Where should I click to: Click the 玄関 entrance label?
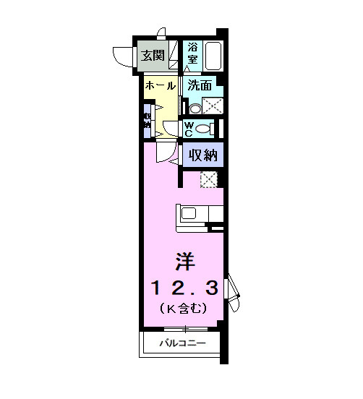click(153, 55)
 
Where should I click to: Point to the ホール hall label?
click(160, 85)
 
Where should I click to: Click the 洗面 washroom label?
click(200, 85)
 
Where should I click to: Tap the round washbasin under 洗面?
click(195, 108)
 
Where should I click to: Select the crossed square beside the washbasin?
click(212, 106)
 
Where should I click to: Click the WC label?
click(188, 129)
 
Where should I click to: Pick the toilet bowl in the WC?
click(204, 129)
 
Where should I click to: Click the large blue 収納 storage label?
click(203, 154)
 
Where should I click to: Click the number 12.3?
click(184, 288)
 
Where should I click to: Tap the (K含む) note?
click(184, 309)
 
